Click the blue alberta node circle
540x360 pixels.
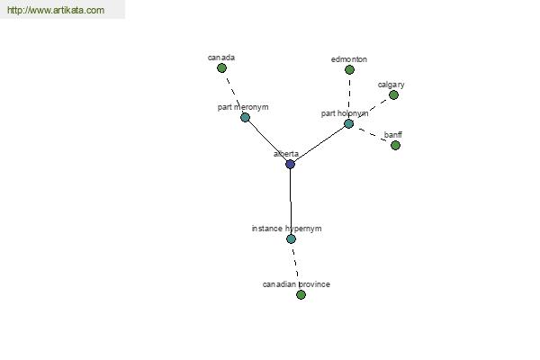click(291, 165)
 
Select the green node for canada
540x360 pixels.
click(221, 68)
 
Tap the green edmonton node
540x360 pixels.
click(349, 70)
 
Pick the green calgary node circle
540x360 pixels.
click(393, 95)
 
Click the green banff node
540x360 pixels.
click(396, 146)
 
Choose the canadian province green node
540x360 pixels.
click(301, 295)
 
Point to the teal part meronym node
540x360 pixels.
click(245, 118)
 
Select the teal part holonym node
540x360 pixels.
click(349, 124)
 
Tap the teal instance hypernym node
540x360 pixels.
click(291, 239)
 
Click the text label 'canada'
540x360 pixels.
click(221, 58)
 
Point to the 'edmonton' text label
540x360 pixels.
click(349, 59)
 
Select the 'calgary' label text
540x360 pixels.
click(391, 85)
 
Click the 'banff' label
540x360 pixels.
click(393, 135)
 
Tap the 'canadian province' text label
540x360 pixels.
click(296, 284)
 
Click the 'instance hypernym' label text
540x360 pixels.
click(286, 229)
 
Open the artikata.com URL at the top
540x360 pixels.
click(56, 10)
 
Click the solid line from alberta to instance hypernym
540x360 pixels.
click(291, 202)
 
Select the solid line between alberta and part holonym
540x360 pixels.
click(319, 144)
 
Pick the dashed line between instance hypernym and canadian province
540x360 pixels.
click(295, 263)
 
